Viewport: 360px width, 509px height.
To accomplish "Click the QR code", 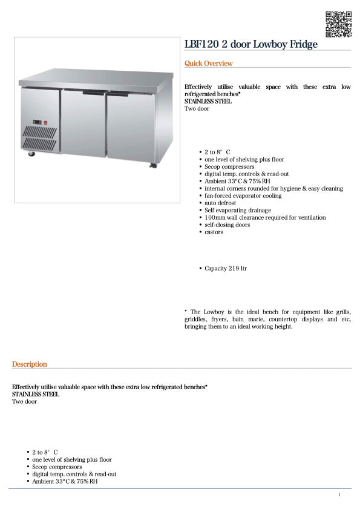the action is click(339, 24).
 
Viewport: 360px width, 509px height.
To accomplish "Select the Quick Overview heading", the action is click(208, 64).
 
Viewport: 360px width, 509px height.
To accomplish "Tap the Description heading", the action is click(29, 364).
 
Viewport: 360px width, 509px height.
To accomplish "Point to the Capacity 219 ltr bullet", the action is click(225, 268).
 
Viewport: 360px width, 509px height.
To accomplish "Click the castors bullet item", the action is click(214, 232).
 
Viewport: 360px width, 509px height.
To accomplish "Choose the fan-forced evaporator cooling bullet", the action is click(243, 195).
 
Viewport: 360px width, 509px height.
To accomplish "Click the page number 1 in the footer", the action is click(339, 495).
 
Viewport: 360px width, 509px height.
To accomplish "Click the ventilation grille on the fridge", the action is click(39, 138).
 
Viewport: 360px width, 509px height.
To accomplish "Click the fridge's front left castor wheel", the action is click(31, 154).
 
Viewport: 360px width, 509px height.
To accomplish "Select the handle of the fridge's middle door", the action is click(94, 93).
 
